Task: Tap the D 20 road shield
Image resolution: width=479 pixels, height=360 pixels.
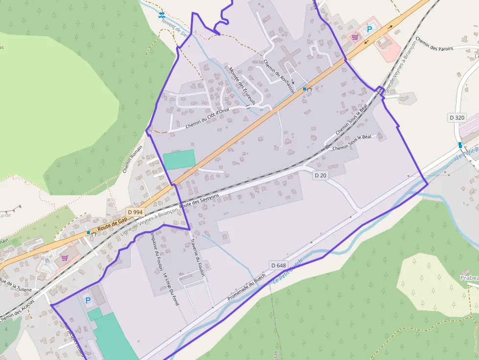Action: (320, 175)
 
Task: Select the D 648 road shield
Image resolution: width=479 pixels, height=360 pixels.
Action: (278, 265)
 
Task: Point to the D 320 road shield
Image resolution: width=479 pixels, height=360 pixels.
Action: (457, 117)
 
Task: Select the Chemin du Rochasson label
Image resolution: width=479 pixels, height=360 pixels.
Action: (279, 76)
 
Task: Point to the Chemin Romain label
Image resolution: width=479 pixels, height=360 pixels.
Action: (132, 159)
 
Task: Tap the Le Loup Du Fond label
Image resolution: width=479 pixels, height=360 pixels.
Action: (172, 289)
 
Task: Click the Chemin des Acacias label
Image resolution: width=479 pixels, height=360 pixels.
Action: (17, 309)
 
